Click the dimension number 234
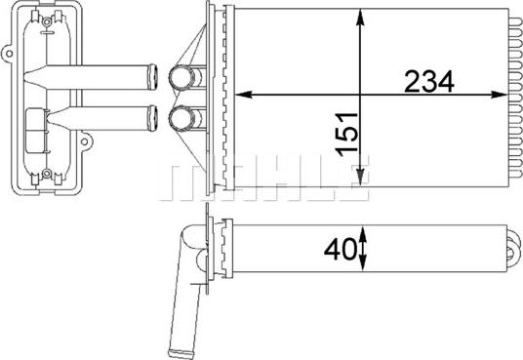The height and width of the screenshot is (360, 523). [429, 83]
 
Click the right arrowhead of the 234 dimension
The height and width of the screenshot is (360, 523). [505, 95]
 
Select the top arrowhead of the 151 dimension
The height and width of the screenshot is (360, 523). [362, 14]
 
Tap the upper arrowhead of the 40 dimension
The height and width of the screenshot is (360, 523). [363, 231]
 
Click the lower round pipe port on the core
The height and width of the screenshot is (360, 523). [181, 119]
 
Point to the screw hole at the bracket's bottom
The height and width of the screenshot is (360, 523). [46, 176]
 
